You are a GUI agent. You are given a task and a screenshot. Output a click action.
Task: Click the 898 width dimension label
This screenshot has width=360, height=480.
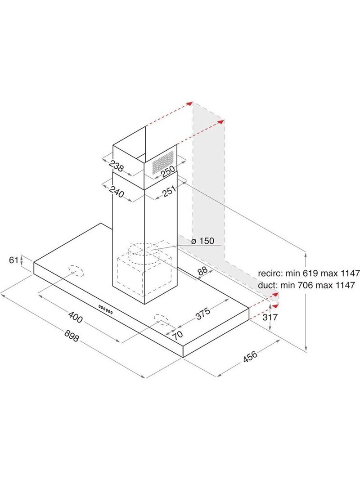pyautogui.click(x=72, y=336)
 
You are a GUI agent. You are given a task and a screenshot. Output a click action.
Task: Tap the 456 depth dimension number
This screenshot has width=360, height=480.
pyautogui.click(x=250, y=356)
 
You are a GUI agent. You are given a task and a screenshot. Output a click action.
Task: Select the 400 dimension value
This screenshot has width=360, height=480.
pyautogui.click(x=75, y=317)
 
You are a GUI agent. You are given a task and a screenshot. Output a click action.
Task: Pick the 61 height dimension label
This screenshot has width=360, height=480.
pyautogui.click(x=14, y=260)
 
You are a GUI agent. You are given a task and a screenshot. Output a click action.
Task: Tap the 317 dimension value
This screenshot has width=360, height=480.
pyautogui.click(x=270, y=317)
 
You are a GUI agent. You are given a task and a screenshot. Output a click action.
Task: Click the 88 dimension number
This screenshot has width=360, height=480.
pyautogui.click(x=202, y=271)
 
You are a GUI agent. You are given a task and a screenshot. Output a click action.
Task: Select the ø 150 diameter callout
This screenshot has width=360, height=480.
pyautogui.click(x=202, y=241)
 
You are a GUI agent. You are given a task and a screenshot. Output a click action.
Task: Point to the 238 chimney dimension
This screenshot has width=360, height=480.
pyautogui.click(x=117, y=166)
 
